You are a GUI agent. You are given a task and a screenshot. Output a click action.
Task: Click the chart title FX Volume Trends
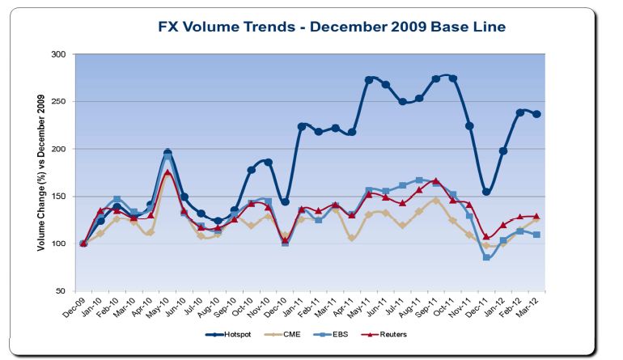click(332, 28)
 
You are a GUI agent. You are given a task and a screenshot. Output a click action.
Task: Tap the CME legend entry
click(295, 333)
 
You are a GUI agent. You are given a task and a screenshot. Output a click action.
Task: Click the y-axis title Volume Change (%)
click(41, 172)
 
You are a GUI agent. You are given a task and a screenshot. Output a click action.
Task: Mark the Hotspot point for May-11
click(369, 80)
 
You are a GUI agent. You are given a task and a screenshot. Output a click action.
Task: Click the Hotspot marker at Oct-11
click(452, 78)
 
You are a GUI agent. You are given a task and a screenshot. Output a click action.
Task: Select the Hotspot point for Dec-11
click(486, 192)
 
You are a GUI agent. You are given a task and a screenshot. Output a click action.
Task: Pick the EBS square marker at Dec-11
click(486, 257)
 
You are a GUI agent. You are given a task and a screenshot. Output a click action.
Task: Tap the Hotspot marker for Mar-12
click(537, 114)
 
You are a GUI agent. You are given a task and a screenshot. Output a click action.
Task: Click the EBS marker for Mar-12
click(537, 235)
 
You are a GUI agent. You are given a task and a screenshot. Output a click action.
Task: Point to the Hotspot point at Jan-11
click(302, 126)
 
